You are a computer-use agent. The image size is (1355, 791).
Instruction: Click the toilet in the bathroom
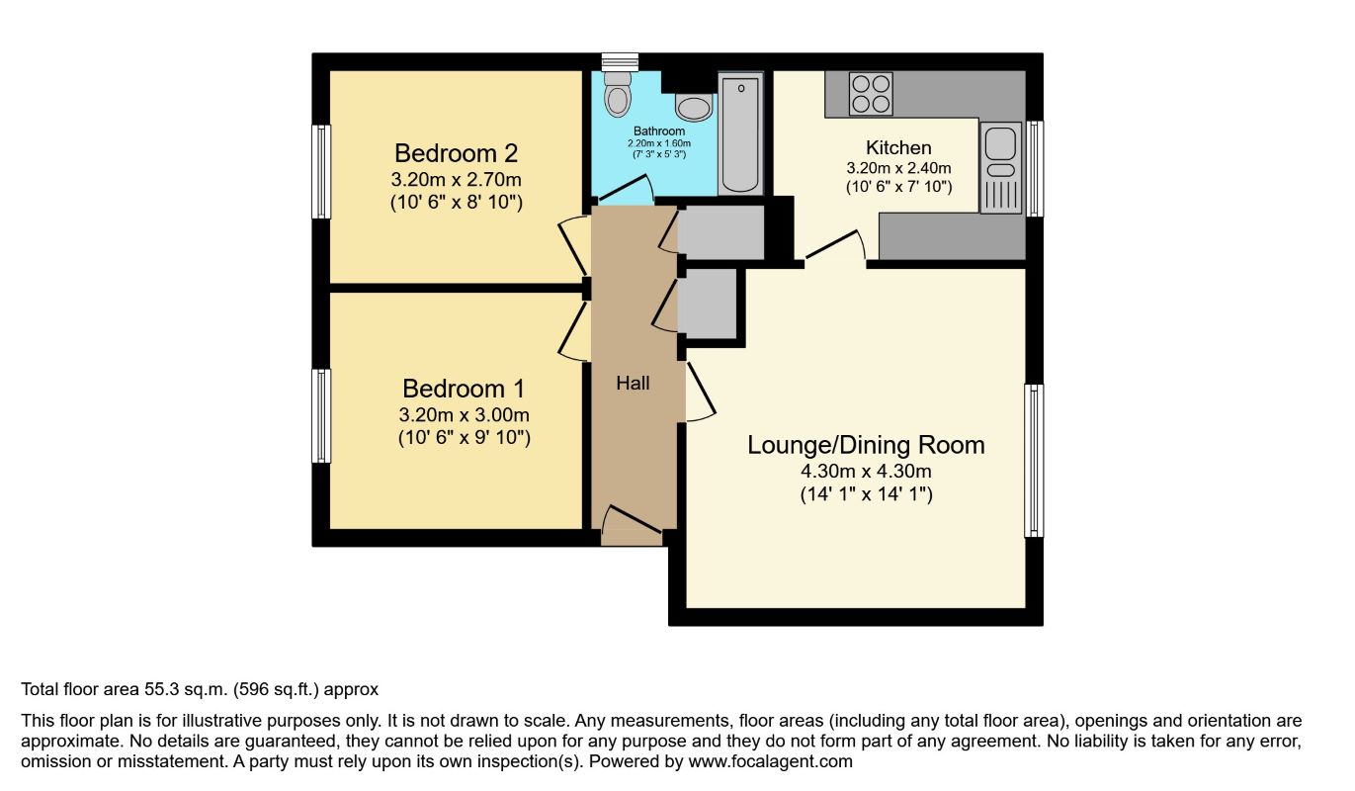point(617,94)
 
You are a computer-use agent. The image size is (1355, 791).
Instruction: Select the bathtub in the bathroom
point(740,133)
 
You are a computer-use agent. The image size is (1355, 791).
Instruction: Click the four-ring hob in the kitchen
point(871,94)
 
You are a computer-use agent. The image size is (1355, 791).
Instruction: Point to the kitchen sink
point(1000,168)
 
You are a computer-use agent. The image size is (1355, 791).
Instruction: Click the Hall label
point(633,383)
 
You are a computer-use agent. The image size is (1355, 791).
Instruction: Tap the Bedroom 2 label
point(456,153)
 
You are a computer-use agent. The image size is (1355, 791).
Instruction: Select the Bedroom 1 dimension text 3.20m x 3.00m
point(464,414)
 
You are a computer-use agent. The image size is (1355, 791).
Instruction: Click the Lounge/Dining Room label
point(866,445)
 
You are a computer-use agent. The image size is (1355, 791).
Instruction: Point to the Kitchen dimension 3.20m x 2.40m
point(898,168)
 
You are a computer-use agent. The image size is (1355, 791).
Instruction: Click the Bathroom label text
point(659,131)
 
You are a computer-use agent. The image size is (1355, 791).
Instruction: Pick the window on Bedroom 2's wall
point(321,171)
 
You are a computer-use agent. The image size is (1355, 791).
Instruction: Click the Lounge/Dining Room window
point(1034,461)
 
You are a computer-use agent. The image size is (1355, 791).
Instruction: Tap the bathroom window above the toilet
point(620,61)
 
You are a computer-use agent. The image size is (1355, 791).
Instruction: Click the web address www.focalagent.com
point(770,761)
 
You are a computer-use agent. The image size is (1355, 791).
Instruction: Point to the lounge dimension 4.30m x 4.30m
point(866,471)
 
